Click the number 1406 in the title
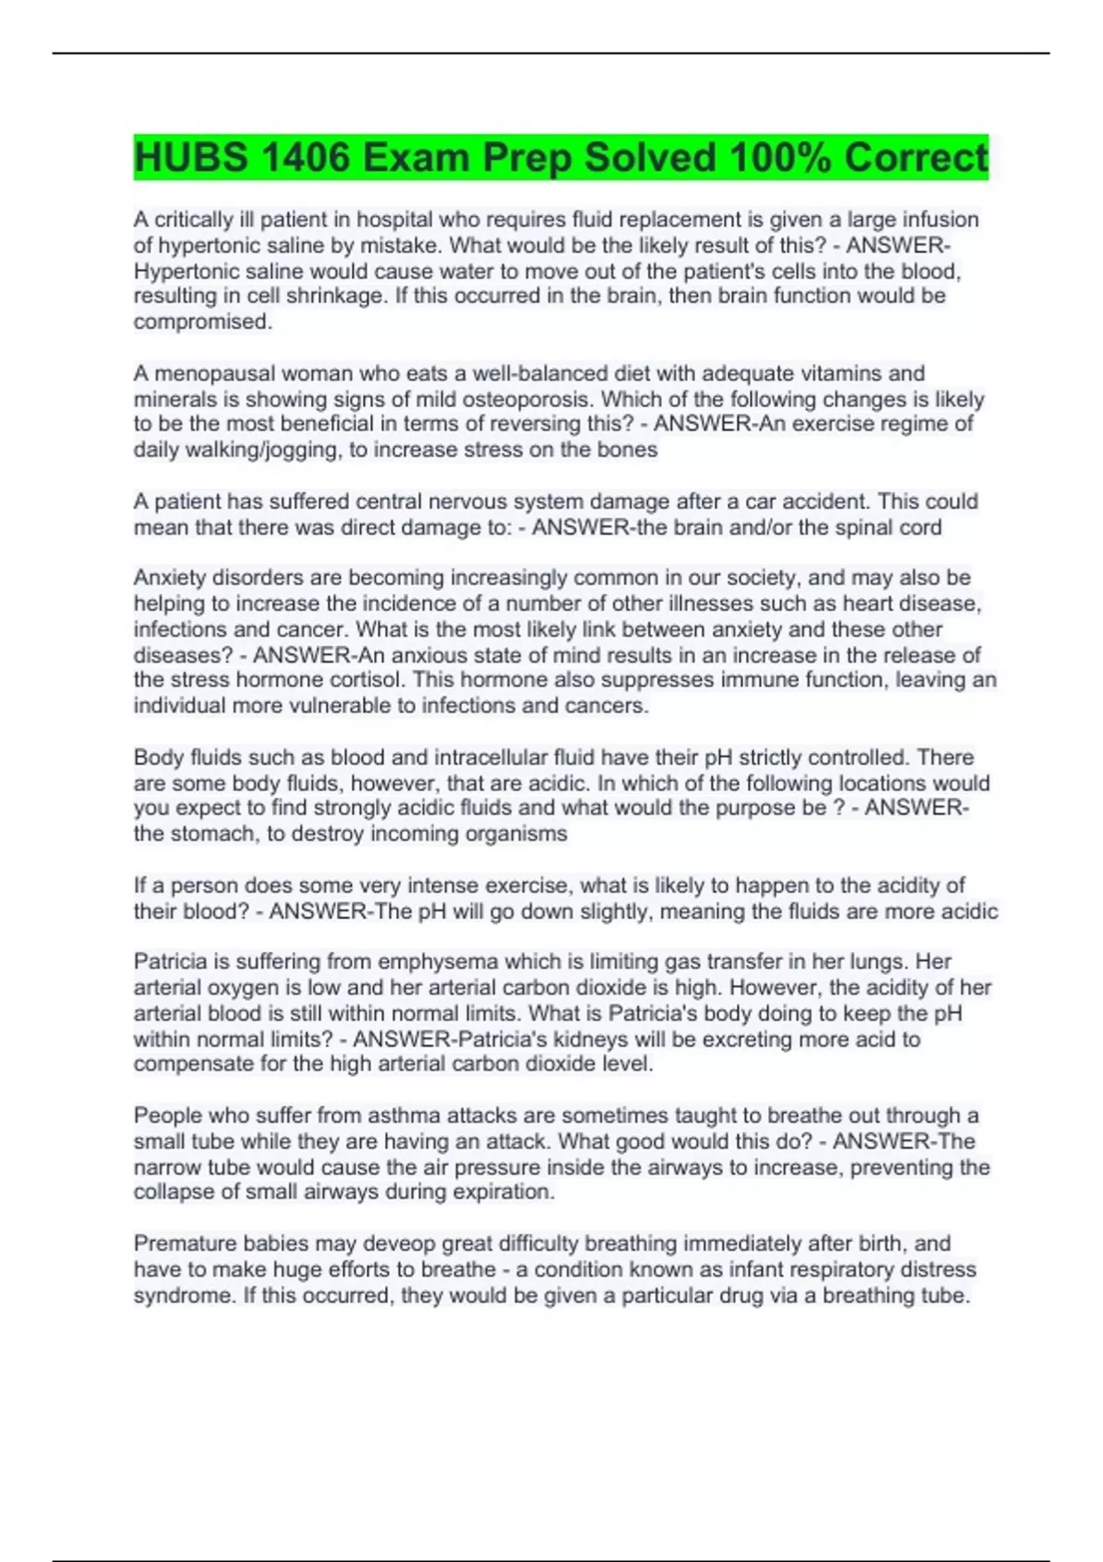click(304, 158)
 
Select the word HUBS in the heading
click(191, 158)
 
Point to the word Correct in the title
click(916, 158)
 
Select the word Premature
click(185, 1243)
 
